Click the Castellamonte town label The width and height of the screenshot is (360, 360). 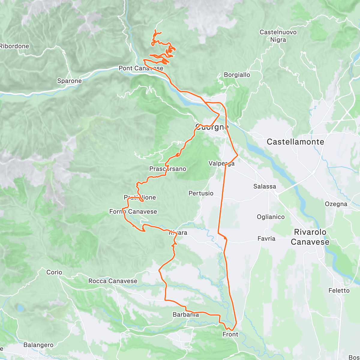tap(295, 142)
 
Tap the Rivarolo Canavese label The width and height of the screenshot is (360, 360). tap(310, 237)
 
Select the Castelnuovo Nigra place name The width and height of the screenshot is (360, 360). tap(278, 36)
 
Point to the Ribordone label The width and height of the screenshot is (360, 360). tap(14, 46)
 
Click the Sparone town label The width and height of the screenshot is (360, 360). tap(69, 81)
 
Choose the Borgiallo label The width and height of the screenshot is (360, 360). tap(237, 75)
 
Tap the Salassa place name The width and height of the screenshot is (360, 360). tap(265, 187)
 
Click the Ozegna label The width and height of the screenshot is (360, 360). tap(336, 204)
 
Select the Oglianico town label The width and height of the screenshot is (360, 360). tap(271, 217)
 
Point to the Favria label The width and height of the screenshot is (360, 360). tap(266, 239)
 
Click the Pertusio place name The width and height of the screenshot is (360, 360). tap(201, 193)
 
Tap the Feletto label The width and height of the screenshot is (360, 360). tap(339, 291)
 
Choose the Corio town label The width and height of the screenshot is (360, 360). tap(54, 272)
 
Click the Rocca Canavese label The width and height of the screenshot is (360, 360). tap(113, 281)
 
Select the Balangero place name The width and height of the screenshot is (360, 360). tap(38, 345)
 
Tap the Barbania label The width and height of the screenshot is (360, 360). tap(186, 315)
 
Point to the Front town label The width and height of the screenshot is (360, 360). tap(230, 334)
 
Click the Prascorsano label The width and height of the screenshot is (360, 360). tap(168, 169)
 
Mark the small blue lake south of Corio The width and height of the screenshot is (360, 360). tap(20, 308)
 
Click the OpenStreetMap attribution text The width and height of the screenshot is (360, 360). tap(61, 356)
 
